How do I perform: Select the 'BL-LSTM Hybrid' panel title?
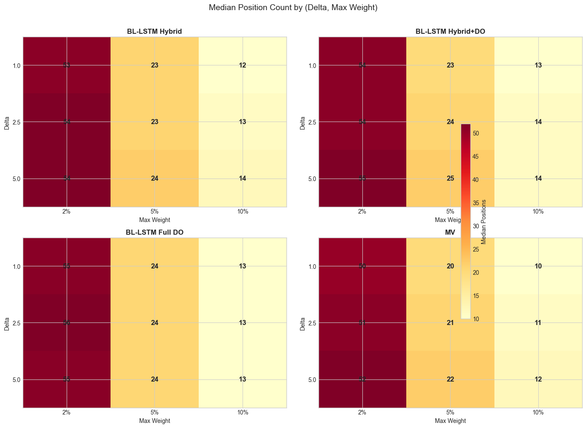click(154, 31)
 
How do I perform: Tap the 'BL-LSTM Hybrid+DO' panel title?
click(450, 31)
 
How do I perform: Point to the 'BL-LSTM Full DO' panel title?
click(154, 232)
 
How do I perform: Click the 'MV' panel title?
click(450, 232)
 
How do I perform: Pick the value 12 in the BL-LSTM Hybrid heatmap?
click(243, 65)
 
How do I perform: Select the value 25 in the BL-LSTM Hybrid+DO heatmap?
click(450, 179)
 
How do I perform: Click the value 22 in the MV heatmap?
click(450, 379)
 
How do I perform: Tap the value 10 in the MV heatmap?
click(538, 266)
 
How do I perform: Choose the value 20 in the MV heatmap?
click(450, 266)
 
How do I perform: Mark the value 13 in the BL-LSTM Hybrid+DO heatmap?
click(538, 65)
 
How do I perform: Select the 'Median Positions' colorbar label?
click(483, 222)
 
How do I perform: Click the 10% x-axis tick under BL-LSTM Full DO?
click(243, 413)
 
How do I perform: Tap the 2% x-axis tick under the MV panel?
click(362, 413)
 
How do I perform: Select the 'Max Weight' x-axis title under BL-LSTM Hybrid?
click(154, 220)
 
